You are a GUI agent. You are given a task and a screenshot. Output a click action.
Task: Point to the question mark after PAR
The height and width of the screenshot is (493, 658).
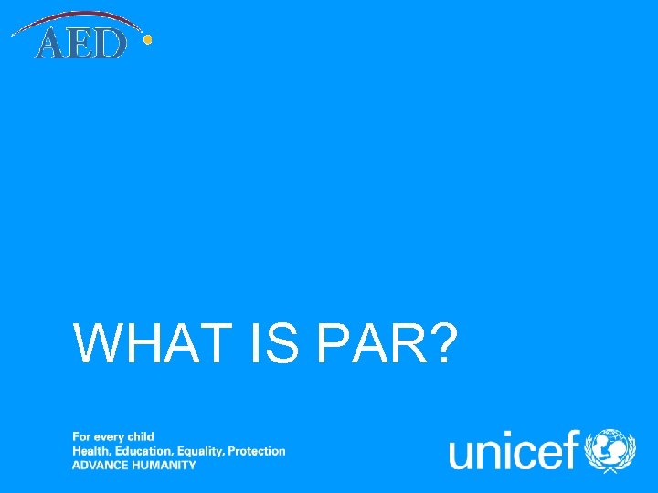(x=440, y=343)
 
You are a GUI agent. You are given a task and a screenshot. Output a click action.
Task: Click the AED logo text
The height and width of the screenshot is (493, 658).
(x=80, y=44)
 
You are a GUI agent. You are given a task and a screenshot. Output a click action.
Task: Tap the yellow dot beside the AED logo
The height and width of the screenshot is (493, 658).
(x=148, y=39)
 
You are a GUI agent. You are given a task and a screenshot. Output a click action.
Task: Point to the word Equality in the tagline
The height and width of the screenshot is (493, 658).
(x=200, y=451)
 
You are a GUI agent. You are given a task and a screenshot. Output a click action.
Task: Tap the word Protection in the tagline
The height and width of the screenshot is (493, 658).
(x=257, y=451)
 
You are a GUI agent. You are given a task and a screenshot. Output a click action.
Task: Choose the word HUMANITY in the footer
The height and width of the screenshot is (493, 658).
(x=166, y=465)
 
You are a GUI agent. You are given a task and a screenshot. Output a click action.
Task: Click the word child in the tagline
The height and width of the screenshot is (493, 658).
(x=140, y=437)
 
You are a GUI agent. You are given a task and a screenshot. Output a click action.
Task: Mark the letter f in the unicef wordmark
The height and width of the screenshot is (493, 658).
(x=573, y=449)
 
